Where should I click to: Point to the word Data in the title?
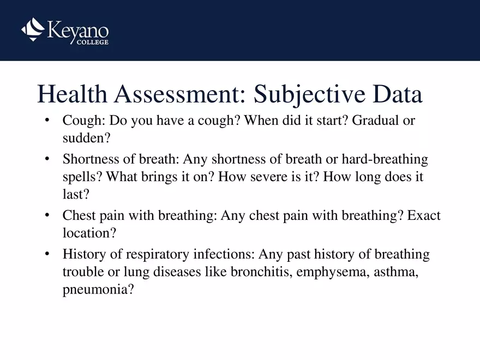pyautogui.click(x=398, y=95)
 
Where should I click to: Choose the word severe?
pyautogui.click(x=257, y=177)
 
